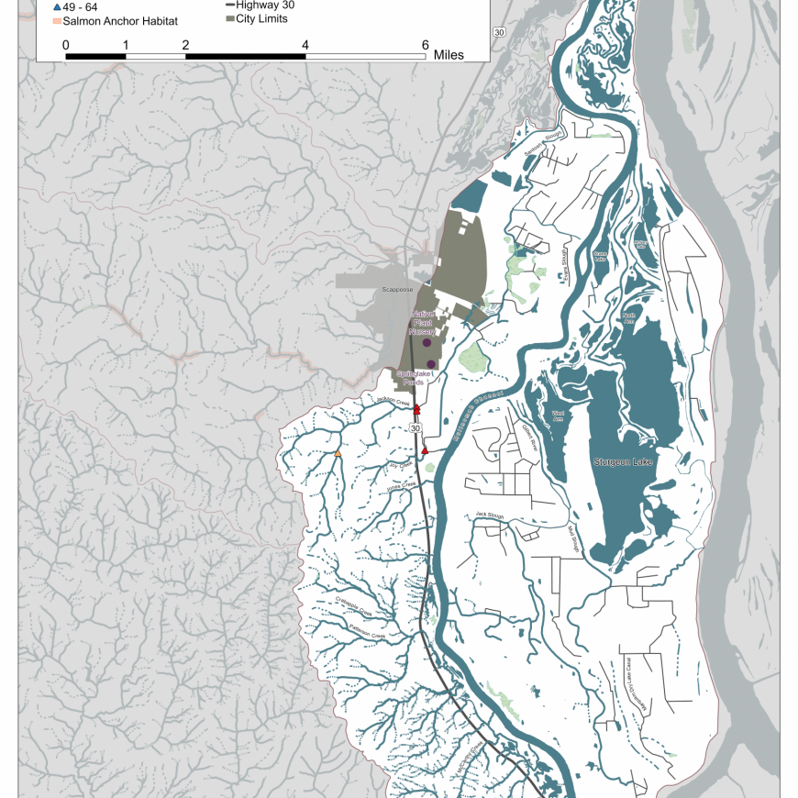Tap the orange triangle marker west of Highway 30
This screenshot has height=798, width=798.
pos(338,454)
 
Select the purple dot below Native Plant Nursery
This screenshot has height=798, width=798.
pos(427,343)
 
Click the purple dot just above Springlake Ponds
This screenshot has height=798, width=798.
pos(431,364)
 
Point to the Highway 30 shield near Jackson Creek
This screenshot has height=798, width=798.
pos(416,428)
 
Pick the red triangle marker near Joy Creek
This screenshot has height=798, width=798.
pos(425,451)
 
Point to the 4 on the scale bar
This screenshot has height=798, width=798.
pos(305,44)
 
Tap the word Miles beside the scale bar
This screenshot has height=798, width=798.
pos(449,55)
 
